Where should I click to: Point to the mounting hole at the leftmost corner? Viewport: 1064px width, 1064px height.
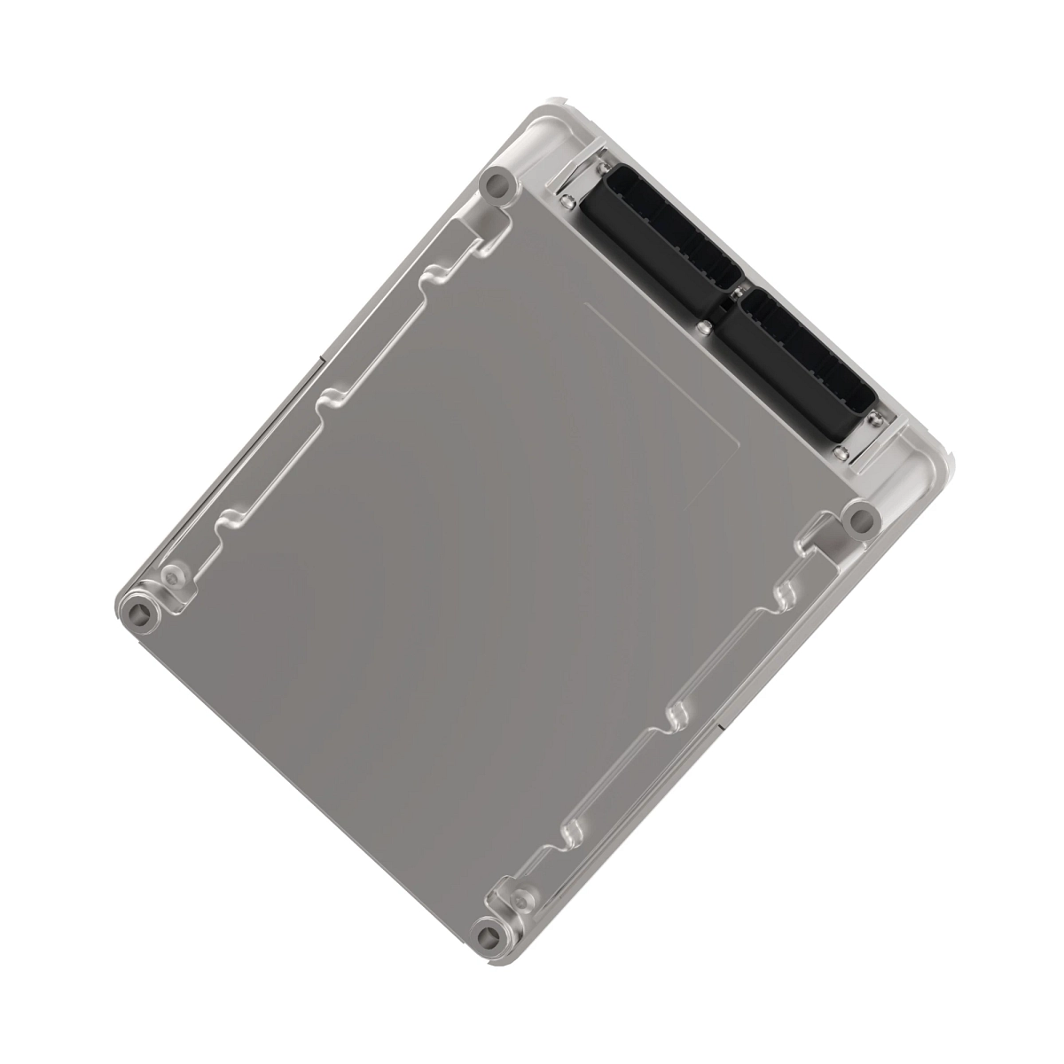(x=139, y=612)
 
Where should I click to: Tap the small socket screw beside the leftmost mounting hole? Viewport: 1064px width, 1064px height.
(x=173, y=576)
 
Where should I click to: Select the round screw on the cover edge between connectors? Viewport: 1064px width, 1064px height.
(x=704, y=328)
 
